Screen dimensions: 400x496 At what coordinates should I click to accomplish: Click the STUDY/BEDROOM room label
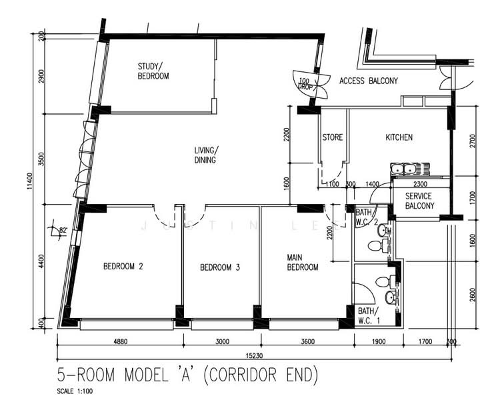point(153,71)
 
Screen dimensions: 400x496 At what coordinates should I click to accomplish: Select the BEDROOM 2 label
point(123,267)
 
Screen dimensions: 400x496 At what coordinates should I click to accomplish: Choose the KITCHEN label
point(399,137)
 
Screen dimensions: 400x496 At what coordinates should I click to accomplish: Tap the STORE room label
point(333,137)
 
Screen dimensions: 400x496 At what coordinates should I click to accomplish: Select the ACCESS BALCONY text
point(369,81)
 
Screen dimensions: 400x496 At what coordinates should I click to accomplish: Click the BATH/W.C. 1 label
point(367,315)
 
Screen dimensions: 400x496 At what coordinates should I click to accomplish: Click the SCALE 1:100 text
point(75,391)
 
